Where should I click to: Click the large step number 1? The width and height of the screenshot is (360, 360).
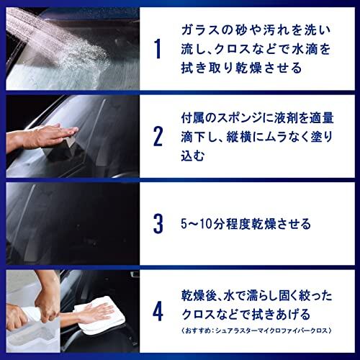click(x=158, y=49)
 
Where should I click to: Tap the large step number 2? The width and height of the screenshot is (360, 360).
click(x=158, y=137)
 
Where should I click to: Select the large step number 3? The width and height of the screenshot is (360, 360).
click(x=158, y=224)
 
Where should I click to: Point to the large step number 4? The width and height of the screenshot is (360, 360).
click(x=158, y=312)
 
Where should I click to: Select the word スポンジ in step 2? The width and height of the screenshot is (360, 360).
click(x=242, y=119)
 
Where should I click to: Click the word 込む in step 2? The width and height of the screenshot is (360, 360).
click(x=192, y=156)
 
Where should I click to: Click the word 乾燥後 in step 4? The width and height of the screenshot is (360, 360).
click(x=199, y=296)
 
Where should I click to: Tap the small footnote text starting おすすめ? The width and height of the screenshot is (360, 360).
click(x=257, y=330)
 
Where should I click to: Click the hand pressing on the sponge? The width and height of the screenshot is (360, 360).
click(x=52, y=135)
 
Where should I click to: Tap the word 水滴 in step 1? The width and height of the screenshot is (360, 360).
click(x=302, y=49)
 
